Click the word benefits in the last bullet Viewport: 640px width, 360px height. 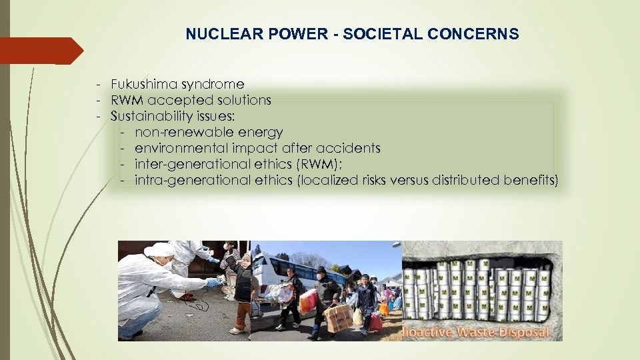529,181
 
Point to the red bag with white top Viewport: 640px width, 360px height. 308,301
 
